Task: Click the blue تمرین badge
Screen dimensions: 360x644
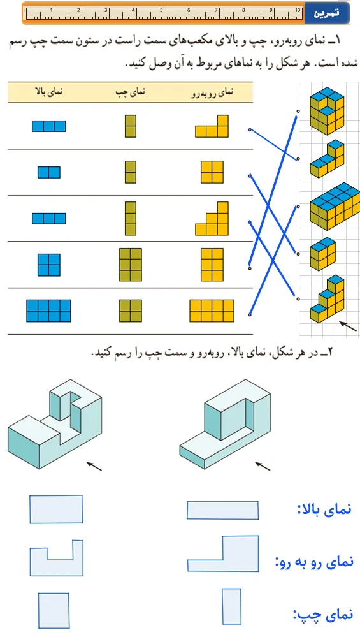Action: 327,13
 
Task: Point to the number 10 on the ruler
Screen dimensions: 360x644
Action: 298,10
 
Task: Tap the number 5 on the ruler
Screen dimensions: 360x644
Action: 161,10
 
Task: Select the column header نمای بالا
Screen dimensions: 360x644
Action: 49,92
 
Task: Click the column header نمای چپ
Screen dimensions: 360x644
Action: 131,92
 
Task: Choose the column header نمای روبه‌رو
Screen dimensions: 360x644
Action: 212,92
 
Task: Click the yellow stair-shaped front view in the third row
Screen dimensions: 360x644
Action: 212,219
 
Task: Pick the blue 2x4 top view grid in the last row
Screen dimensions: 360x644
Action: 48,311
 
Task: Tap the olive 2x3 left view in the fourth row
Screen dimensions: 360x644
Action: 131,265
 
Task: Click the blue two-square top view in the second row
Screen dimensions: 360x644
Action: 49,172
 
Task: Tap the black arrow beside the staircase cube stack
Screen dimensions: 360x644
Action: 348,326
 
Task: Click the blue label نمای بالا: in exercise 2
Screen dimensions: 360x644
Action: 324,509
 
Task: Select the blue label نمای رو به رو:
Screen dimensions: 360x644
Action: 314,561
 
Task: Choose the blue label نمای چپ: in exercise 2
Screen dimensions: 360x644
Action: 322,615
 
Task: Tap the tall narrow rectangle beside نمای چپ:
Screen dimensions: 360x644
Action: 231,606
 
